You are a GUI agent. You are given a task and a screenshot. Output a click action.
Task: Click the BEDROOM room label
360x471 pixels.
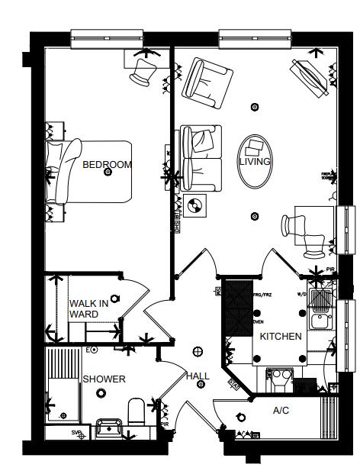click(x=107, y=164)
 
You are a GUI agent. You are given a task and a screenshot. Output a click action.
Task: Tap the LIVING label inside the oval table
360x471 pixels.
click(x=255, y=162)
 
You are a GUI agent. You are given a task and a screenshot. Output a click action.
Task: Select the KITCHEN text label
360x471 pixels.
click(x=281, y=336)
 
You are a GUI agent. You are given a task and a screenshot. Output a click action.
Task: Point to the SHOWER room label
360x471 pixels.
click(x=104, y=379)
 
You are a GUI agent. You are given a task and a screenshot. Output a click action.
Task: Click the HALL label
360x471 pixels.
click(x=198, y=376)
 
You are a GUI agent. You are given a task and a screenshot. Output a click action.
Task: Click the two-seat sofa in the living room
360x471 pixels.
click(x=200, y=156)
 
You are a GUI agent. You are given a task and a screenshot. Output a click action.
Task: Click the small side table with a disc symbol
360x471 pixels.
click(x=194, y=205)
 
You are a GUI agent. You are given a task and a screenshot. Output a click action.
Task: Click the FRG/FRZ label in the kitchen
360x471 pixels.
click(x=262, y=295)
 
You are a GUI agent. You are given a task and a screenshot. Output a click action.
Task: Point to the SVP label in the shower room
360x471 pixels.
click(x=76, y=433)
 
